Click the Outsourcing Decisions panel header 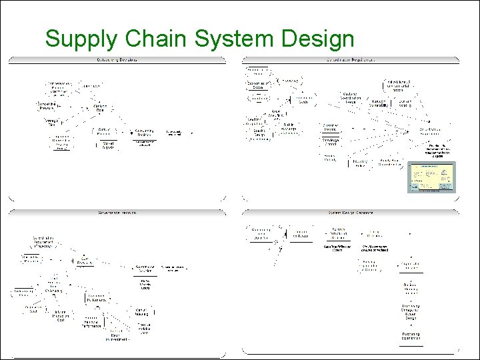(x=117, y=60)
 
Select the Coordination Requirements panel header (x=351, y=60)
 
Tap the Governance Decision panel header (x=117, y=213)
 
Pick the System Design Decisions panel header (x=351, y=213)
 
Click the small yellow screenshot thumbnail (x=429, y=177)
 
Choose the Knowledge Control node (x=331, y=141)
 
